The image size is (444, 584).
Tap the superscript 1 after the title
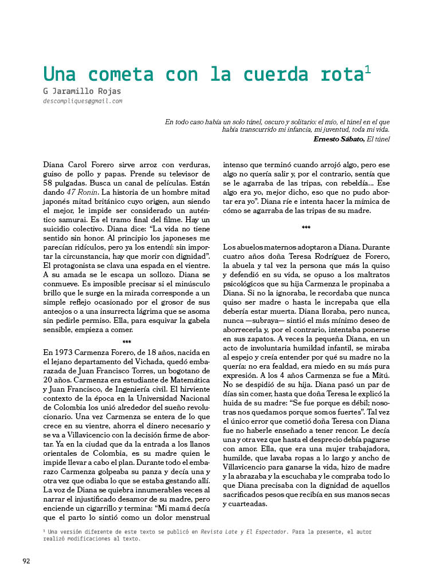368,70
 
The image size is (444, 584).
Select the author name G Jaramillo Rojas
82,91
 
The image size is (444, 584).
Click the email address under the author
82,101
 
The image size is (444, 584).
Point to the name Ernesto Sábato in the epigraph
339,139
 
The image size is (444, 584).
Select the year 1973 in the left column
67,351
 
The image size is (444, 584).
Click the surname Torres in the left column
136,370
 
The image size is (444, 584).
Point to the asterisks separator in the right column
306,228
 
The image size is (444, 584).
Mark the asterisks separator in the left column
127,342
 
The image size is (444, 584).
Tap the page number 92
26,561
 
